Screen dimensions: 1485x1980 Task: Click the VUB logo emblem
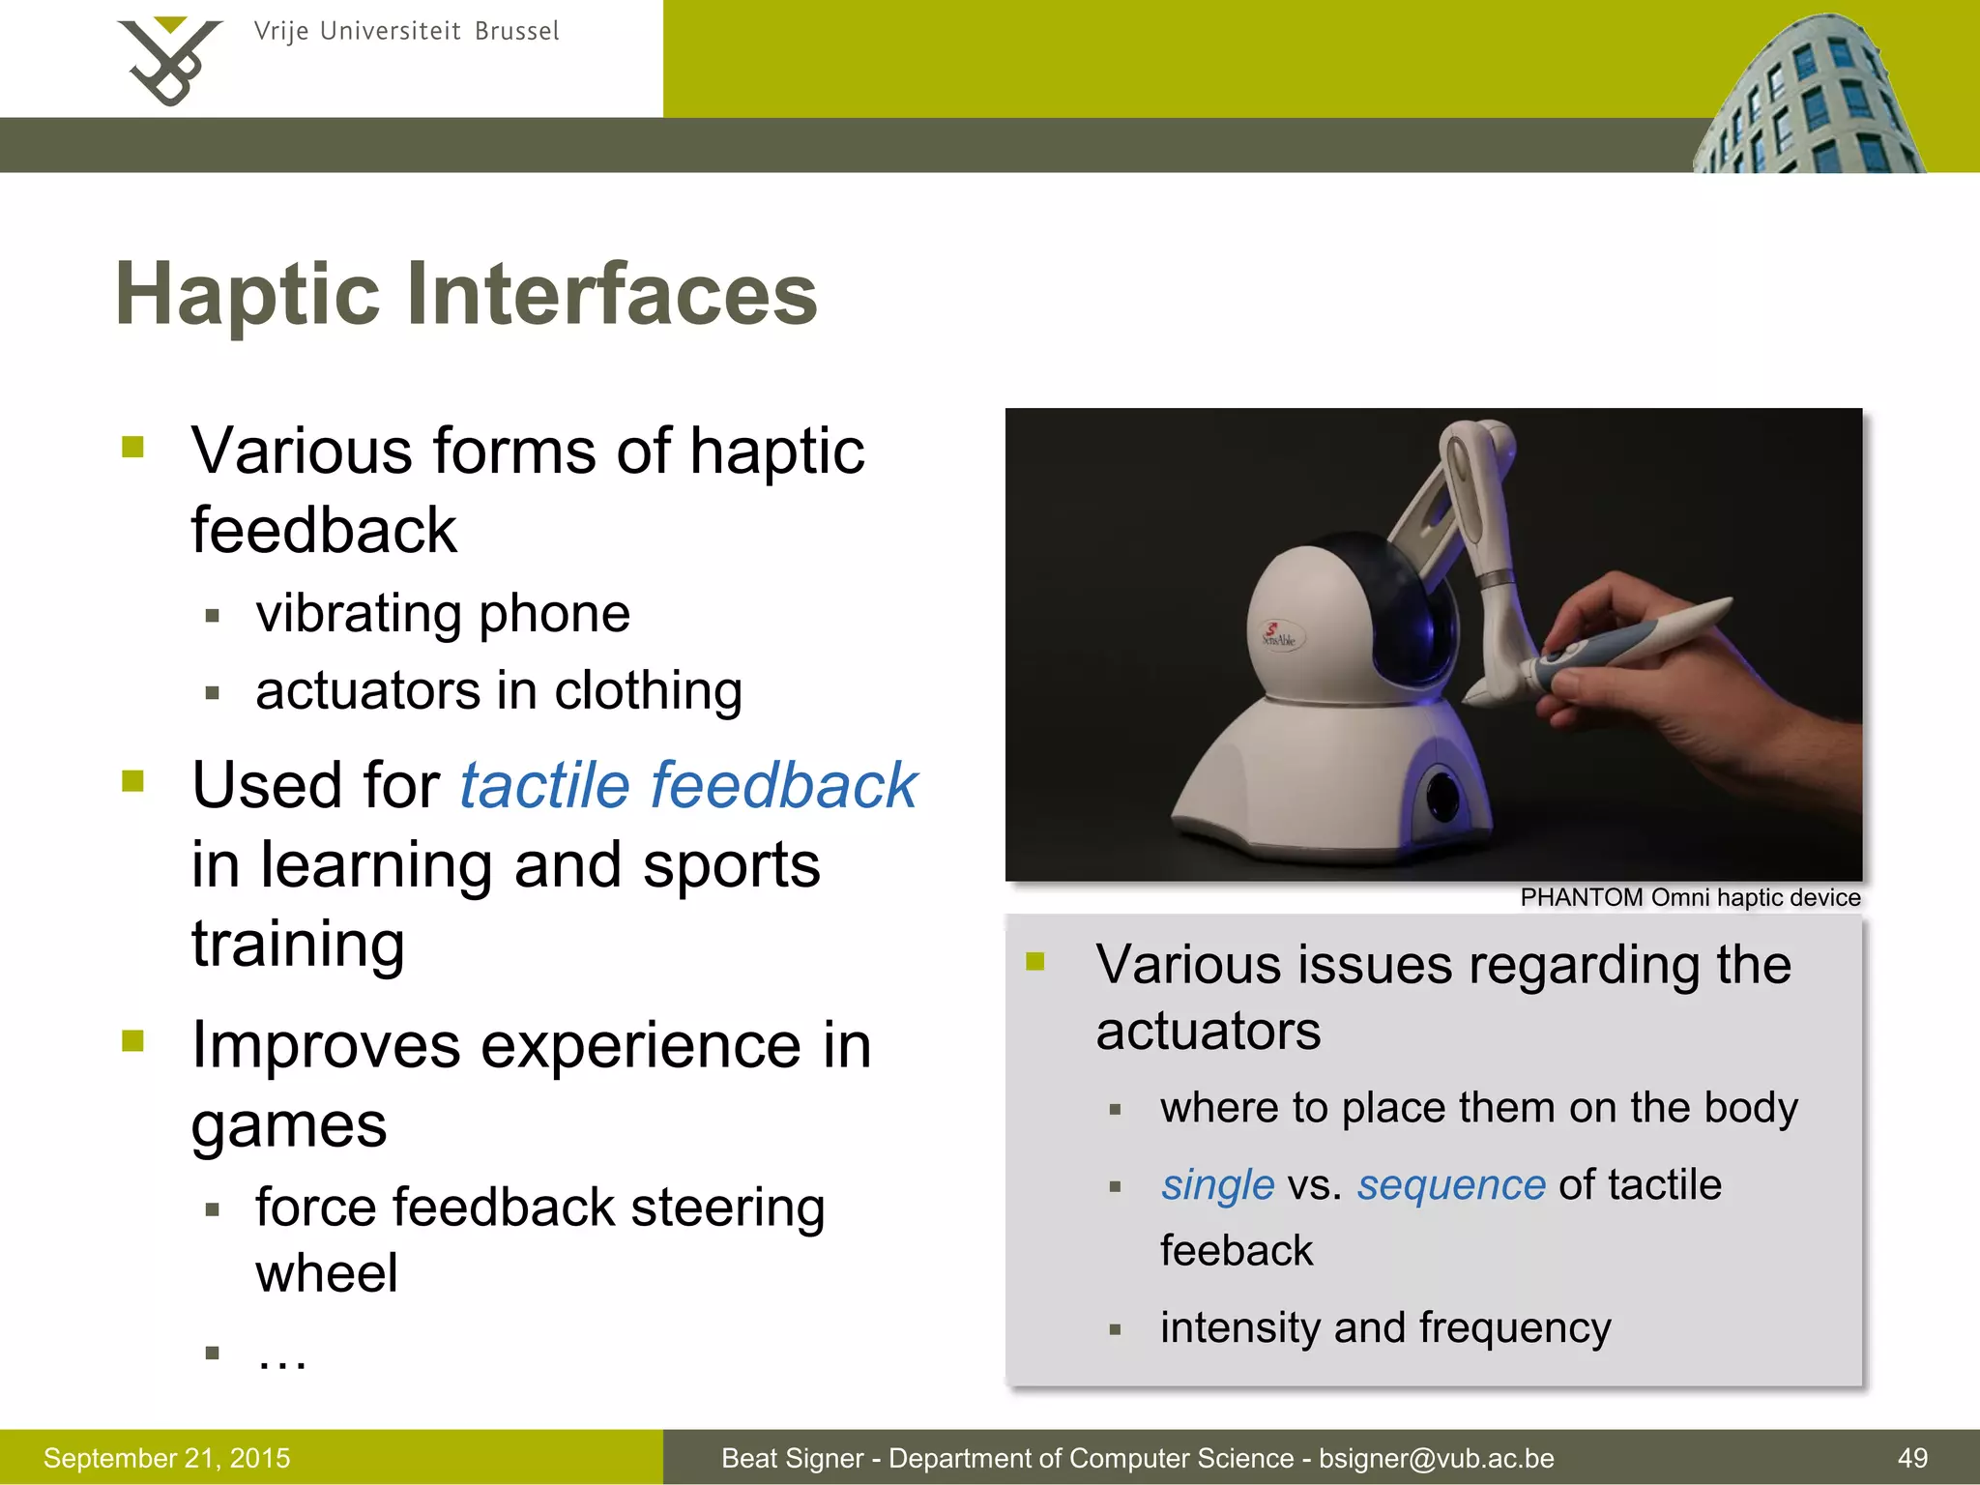tap(169, 60)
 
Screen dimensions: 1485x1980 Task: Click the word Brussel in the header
tap(516, 32)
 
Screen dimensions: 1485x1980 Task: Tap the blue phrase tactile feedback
tap(687, 784)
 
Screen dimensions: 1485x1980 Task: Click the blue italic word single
tap(1217, 1185)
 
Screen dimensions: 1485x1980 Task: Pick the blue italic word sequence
tap(1450, 1185)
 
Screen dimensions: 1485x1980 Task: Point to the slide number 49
tap(1912, 1458)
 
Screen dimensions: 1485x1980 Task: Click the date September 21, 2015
tap(166, 1458)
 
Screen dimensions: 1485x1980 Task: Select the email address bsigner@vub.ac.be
tap(1437, 1458)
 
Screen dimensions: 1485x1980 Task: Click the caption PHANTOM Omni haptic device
tap(1690, 898)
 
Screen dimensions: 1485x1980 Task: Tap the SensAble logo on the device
tap(1280, 635)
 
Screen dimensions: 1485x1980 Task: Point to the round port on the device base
tap(1443, 793)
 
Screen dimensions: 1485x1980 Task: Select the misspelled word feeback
tap(1237, 1251)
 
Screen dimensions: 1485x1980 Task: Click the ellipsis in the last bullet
tap(281, 1356)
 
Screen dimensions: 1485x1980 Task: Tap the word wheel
tap(327, 1273)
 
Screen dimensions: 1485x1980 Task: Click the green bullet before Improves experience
tap(133, 1041)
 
